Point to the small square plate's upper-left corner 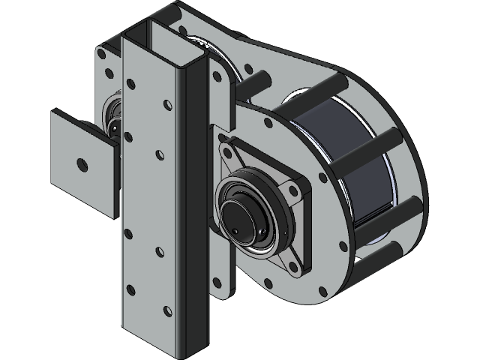[x=52, y=112]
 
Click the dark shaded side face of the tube [x=193, y=202]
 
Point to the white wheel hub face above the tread [x=300, y=101]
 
